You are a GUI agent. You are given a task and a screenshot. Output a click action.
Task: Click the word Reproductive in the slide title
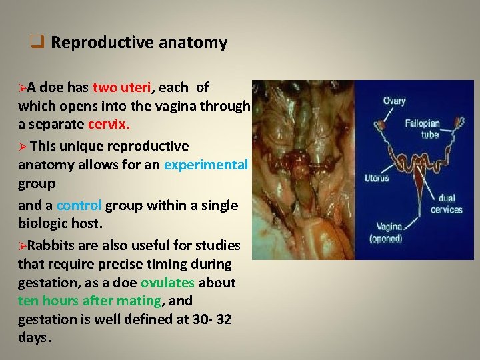coord(103,43)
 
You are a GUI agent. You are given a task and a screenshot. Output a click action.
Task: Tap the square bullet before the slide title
coord(37,43)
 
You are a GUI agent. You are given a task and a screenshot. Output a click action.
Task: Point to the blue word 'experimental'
coord(206,165)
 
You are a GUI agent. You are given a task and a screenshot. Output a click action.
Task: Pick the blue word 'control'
coord(79,205)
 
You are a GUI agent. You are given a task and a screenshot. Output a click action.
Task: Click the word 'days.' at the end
coord(35,337)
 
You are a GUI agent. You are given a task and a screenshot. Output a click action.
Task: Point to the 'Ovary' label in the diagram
coord(394,101)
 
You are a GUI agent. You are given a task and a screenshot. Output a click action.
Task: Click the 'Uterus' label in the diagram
coord(377,178)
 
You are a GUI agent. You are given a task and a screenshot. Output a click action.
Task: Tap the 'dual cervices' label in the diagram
coord(446,204)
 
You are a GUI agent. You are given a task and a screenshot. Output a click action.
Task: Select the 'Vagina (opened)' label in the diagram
coord(386,233)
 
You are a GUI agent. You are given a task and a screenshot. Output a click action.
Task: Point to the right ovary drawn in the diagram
coord(459,124)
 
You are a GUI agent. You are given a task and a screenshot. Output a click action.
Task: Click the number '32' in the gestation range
coord(223,319)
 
